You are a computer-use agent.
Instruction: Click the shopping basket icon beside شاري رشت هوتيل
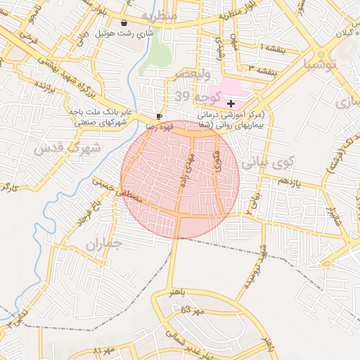pyautogui.click(x=124, y=22)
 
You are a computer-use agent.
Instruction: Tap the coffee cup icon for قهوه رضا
pyautogui.click(x=160, y=115)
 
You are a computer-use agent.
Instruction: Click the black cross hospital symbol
pyautogui.click(x=231, y=103)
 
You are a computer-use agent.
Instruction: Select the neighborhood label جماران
pyautogui.click(x=105, y=245)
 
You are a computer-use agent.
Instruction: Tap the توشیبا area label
pyautogui.click(x=320, y=65)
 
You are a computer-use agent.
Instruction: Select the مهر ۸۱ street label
pyautogui.click(x=104, y=349)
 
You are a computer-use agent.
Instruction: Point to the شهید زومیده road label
pyautogui.click(x=255, y=271)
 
